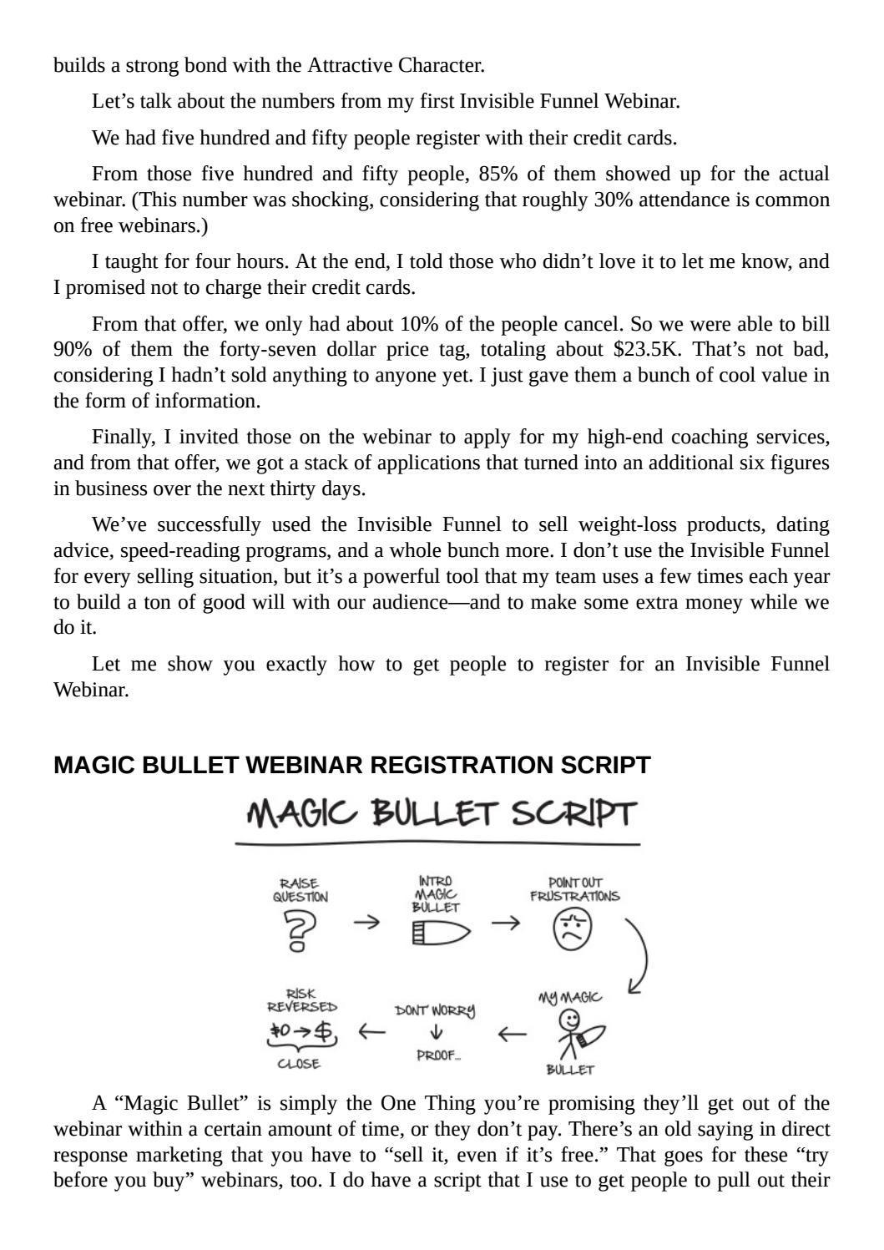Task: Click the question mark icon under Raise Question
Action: point(301,930)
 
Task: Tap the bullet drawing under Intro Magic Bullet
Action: point(441,932)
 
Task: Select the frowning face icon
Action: point(573,929)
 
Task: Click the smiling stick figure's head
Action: point(570,1020)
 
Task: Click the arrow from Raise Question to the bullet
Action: point(366,922)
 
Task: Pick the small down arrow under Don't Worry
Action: point(435,1033)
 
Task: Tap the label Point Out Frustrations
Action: point(575,890)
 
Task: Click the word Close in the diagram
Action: point(299,1064)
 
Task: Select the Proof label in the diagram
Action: point(437,1055)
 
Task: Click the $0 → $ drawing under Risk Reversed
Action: point(301,1031)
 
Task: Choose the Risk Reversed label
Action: point(301,1000)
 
